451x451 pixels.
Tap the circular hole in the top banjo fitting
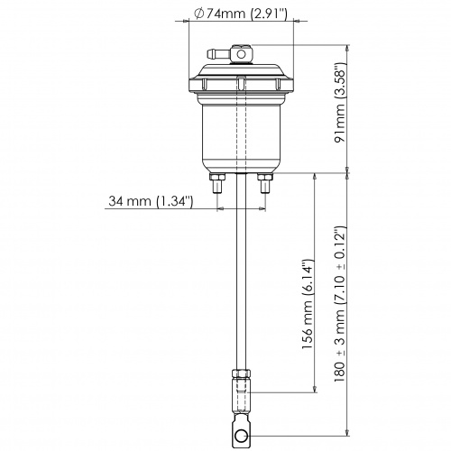click(241, 55)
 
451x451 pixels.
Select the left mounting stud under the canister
click(217, 186)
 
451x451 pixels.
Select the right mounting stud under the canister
click(264, 186)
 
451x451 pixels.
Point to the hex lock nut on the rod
click(241, 374)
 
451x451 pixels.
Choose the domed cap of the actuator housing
click(241, 77)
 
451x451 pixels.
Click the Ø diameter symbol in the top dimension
click(198, 13)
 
